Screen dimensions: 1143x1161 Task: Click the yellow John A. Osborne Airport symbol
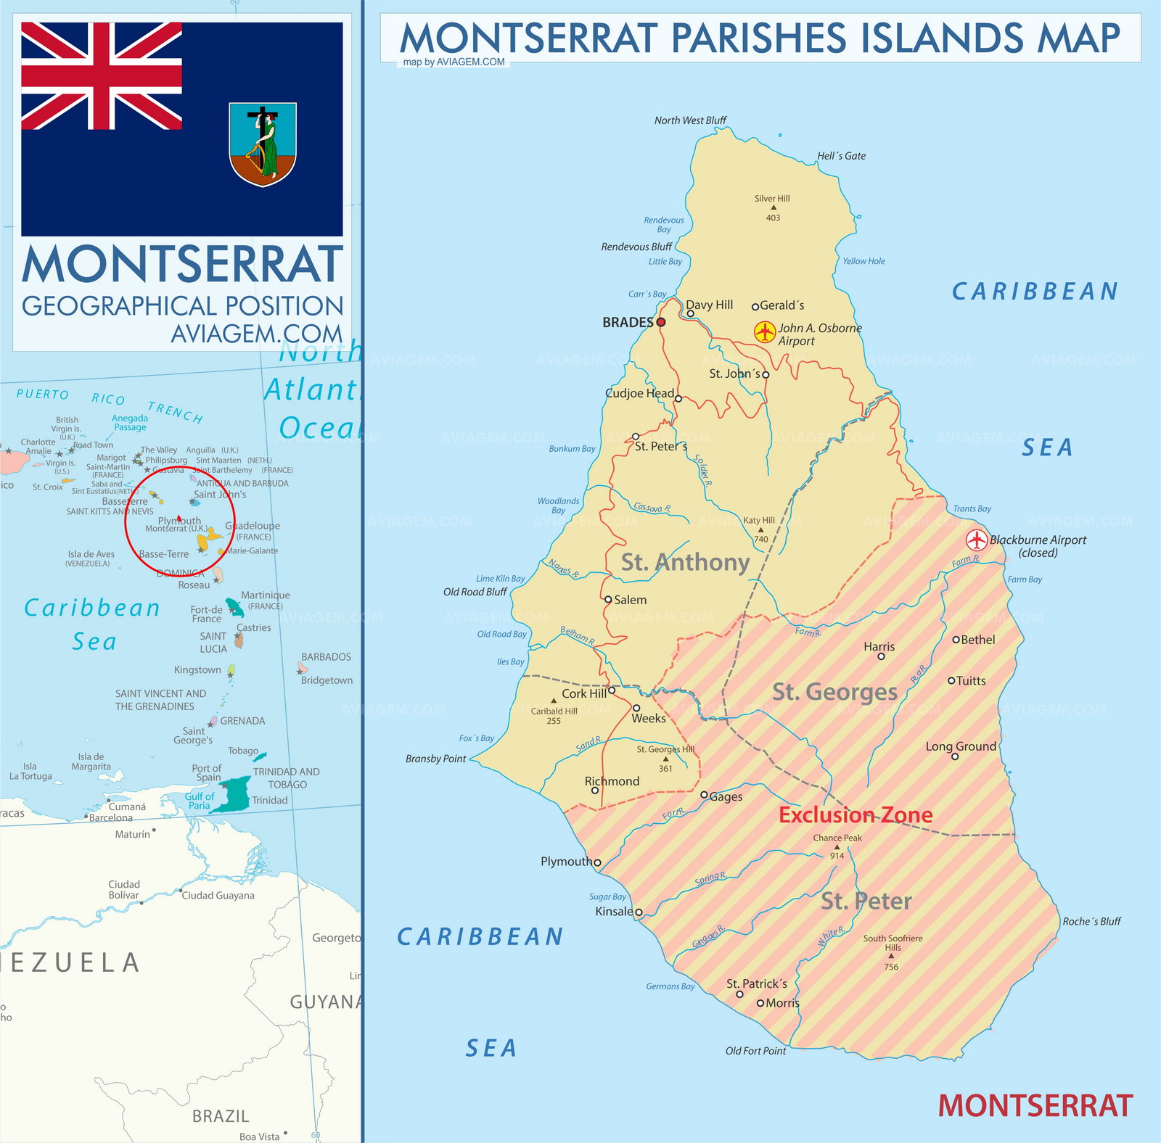pyautogui.click(x=765, y=332)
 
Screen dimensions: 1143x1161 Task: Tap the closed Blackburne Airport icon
pyautogui.click(x=977, y=540)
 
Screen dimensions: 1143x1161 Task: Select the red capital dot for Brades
pyautogui.click(x=661, y=322)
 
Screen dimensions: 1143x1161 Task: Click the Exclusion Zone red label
pyautogui.click(x=856, y=814)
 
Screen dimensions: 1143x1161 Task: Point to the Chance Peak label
pyautogui.click(x=837, y=838)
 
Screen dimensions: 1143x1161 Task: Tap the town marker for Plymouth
pyautogui.click(x=597, y=862)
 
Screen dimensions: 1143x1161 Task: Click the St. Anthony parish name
pyautogui.click(x=685, y=562)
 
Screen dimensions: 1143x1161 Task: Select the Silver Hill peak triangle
pyautogui.click(x=774, y=207)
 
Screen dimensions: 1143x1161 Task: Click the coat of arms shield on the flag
pyautogui.click(x=263, y=144)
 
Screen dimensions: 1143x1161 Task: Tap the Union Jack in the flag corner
pyautogui.click(x=102, y=75)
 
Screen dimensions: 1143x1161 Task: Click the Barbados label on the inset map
pyautogui.click(x=326, y=656)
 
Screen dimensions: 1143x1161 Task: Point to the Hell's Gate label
pyautogui.click(x=841, y=156)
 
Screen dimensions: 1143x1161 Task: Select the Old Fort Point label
pyautogui.click(x=755, y=1051)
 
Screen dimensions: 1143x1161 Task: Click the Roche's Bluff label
pyautogui.click(x=1091, y=922)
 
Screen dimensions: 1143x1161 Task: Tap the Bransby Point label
pyautogui.click(x=435, y=759)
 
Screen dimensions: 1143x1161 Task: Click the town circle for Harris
pyautogui.click(x=881, y=656)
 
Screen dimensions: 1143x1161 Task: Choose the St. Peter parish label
pyautogui.click(x=866, y=901)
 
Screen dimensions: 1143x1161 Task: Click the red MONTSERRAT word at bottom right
pyautogui.click(x=1035, y=1106)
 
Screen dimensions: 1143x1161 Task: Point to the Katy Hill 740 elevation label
pyautogui.click(x=760, y=529)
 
